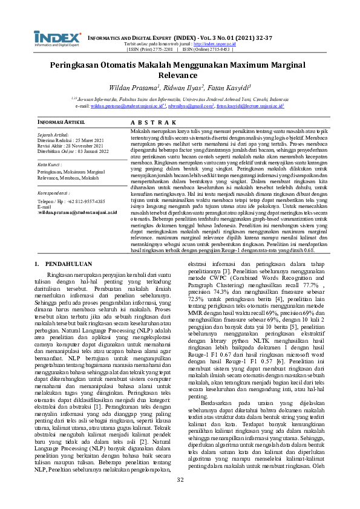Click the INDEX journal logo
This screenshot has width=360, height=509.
[57, 37]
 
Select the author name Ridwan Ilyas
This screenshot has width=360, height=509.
[182, 87]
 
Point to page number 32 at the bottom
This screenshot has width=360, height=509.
[180, 496]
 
